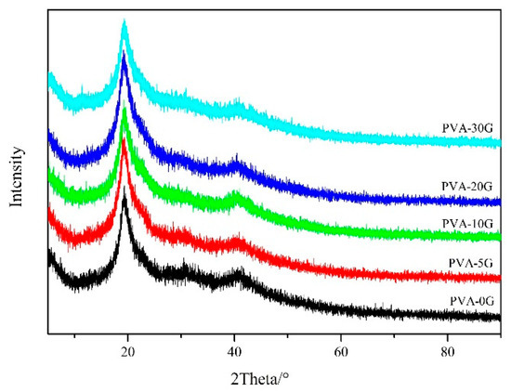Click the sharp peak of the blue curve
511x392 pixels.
point(124,58)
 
